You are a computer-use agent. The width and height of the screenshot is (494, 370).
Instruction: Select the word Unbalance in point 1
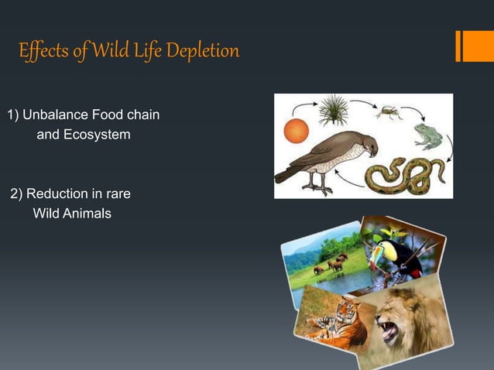pyautogui.click(x=55, y=116)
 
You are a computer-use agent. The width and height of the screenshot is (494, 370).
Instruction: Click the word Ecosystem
pyautogui.click(x=96, y=135)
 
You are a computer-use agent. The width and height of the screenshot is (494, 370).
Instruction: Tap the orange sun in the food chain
pyautogui.click(x=296, y=131)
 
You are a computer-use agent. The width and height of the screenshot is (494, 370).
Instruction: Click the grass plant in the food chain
pyautogui.click(x=334, y=111)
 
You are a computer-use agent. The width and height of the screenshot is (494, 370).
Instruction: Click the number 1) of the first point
pyautogui.click(x=12, y=116)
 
